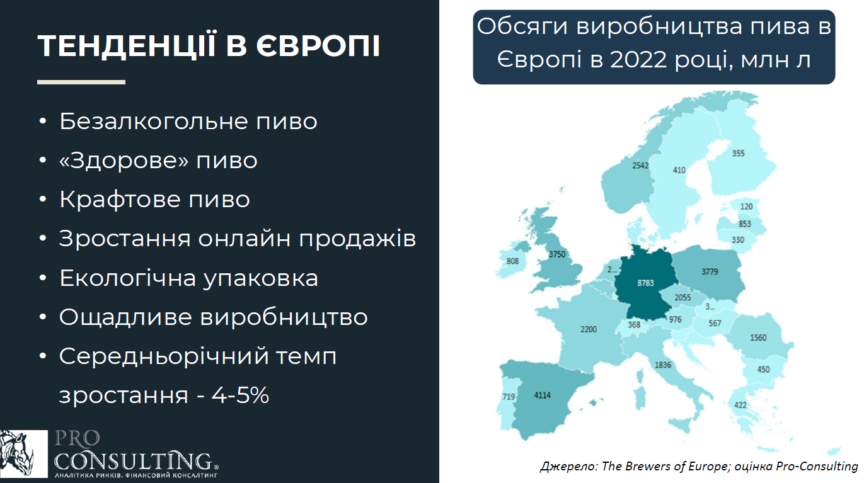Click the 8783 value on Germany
(x=645, y=283)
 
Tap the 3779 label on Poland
(x=710, y=272)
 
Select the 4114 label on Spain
(x=543, y=395)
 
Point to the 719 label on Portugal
(x=509, y=396)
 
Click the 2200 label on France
(x=589, y=329)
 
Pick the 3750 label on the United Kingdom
(x=557, y=254)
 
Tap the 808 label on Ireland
(x=512, y=261)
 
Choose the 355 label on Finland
(x=738, y=154)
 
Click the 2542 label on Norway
(x=640, y=166)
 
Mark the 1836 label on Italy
(x=663, y=365)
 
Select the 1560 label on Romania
(x=758, y=338)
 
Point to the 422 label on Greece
(x=740, y=405)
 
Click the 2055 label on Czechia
(x=683, y=298)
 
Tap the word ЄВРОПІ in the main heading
(x=318, y=46)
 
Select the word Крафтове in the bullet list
(x=120, y=200)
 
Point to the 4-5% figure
(x=240, y=395)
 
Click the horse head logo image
(x=24, y=453)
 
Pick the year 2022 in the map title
(x=638, y=60)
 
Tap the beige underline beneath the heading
(x=81, y=82)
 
